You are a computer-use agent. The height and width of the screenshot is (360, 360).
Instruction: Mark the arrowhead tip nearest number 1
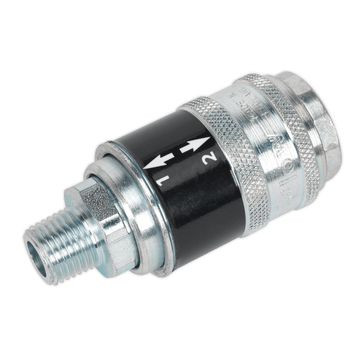[147, 166]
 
